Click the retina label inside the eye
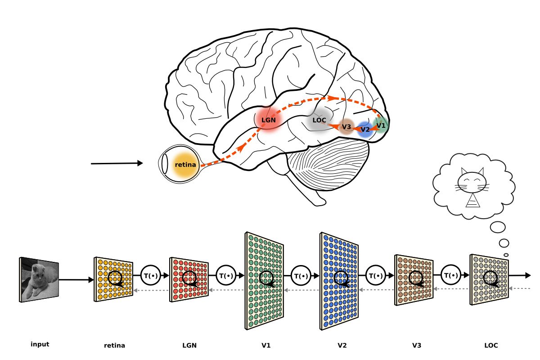tap(185, 165)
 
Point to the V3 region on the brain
tap(346, 127)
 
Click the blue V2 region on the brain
tap(365, 130)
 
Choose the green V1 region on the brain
tap(380, 125)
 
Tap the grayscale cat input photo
tap(39, 279)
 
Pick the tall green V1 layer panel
tap(265, 281)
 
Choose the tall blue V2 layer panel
tap(339, 281)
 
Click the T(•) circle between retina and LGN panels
tap(151, 275)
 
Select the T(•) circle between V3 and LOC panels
tap(451, 275)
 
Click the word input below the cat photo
tap(40, 345)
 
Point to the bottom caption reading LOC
tap(491, 346)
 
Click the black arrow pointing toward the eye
tap(117, 163)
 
